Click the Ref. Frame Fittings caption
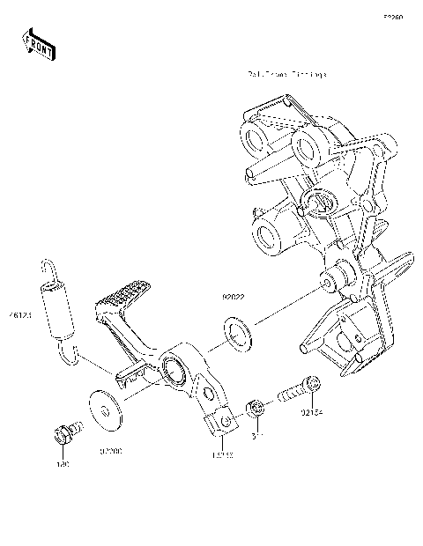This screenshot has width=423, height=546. click(286, 75)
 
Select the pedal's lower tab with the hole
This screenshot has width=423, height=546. click(223, 424)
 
